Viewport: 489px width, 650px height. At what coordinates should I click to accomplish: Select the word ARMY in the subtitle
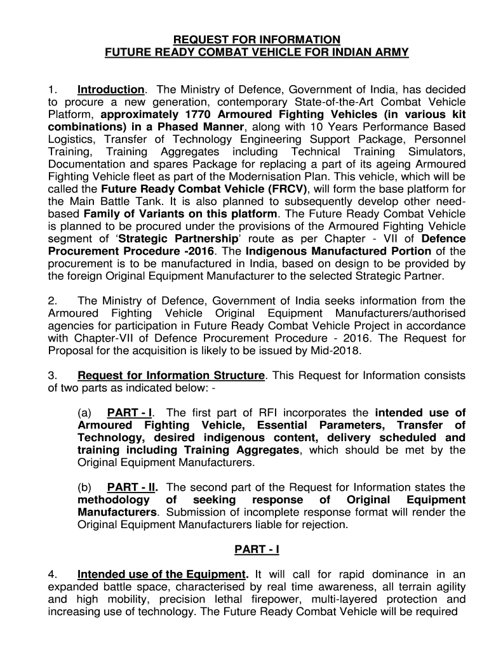click(394, 53)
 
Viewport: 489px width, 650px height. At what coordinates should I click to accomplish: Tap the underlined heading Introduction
click(111, 90)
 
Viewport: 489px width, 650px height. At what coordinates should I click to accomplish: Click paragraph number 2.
click(53, 301)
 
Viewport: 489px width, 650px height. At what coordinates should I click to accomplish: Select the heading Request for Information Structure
click(170, 375)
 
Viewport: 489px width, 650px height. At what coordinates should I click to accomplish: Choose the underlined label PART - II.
click(133, 487)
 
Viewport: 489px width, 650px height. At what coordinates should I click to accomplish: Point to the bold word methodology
click(112, 500)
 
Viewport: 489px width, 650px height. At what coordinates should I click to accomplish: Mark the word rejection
click(325, 525)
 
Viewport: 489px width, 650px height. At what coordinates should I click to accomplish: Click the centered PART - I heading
click(257, 549)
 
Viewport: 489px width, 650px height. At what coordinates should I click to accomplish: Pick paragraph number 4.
click(53, 574)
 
